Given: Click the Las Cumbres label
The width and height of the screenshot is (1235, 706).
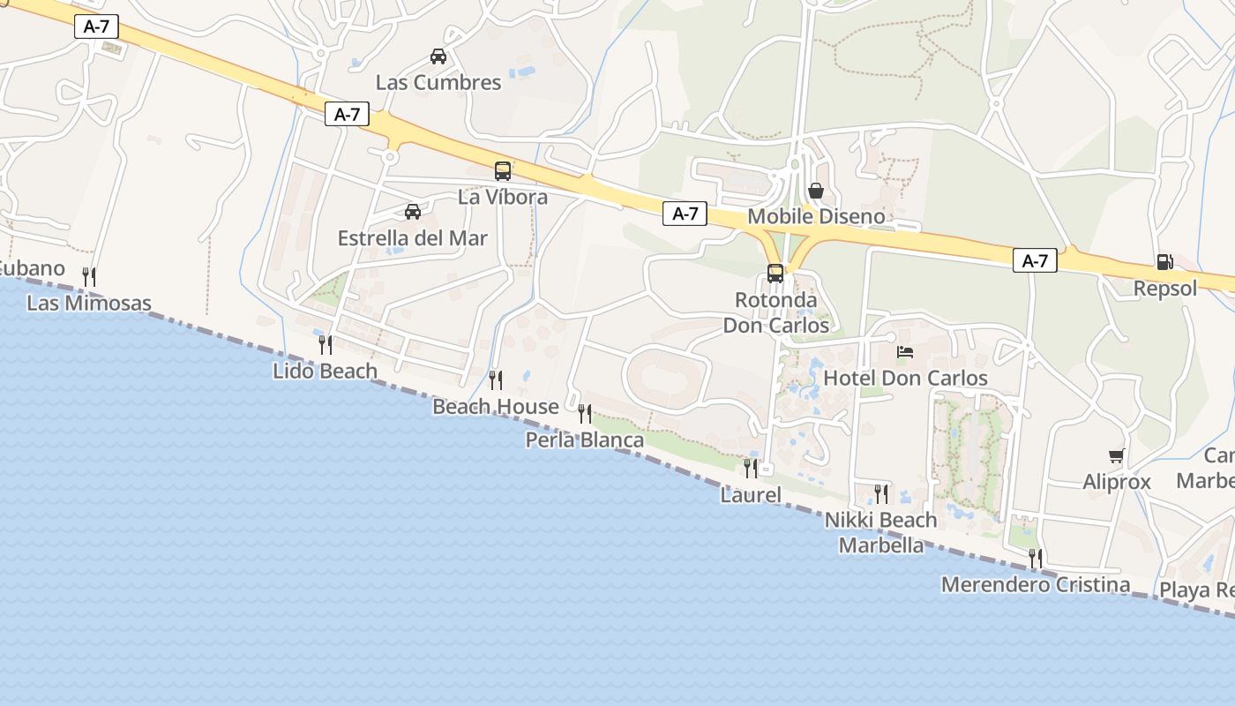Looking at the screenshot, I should pyautogui.click(x=438, y=83).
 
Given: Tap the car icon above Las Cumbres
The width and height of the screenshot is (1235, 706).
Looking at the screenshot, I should pyautogui.click(x=438, y=56).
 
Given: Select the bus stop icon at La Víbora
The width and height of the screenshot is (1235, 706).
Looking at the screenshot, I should pyautogui.click(x=503, y=171).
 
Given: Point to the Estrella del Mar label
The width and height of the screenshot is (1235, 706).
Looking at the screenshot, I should pyautogui.click(x=412, y=238).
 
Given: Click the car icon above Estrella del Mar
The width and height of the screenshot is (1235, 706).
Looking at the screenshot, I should pyautogui.click(x=412, y=212).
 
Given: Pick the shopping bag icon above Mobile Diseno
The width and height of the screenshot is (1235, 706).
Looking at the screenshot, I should pyautogui.click(x=816, y=191).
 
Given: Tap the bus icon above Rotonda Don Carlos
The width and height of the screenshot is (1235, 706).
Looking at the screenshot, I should pyautogui.click(x=775, y=274).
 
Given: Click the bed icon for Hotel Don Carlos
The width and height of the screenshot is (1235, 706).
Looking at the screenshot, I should pyautogui.click(x=905, y=352).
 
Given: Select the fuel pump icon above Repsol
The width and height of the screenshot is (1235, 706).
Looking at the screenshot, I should pyautogui.click(x=1164, y=262).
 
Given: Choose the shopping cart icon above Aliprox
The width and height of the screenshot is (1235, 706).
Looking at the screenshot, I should pyautogui.click(x=1117, y=456).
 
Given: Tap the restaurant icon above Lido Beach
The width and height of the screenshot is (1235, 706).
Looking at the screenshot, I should pyautogui.click(x=326, y=344).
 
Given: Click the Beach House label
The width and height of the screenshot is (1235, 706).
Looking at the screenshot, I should pyautogui.click(x=496, y=407).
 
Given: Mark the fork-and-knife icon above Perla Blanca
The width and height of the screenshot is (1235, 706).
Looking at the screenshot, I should pyautogui.click(x=585, y=413).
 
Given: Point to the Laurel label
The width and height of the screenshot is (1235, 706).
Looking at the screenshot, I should pyautogui.click(x=751, y=495).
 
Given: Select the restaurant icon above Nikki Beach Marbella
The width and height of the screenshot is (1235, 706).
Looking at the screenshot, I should pyautogui.click(x=881, y=493).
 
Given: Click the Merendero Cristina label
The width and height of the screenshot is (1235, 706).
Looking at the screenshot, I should pyautogui.click(x=1036, y=584).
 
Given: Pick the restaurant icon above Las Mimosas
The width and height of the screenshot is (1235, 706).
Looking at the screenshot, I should pyautogui.click(x=89, y=277).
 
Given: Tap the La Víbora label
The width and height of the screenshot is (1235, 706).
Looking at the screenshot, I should pyautogui.click(x=503, y=197).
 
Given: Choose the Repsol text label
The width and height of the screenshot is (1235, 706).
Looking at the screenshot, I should pyautogui.click(x=1165, y=289).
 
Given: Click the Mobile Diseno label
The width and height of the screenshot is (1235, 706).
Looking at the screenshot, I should pyautogui.click(x=816, y=217).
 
